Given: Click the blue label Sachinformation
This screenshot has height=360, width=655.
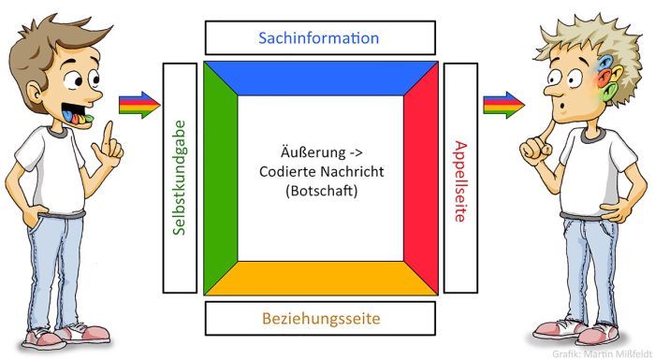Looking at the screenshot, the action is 319,38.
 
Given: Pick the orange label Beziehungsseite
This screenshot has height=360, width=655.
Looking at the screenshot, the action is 319,319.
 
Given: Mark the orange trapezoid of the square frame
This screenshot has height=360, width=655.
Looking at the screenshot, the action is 319,277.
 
